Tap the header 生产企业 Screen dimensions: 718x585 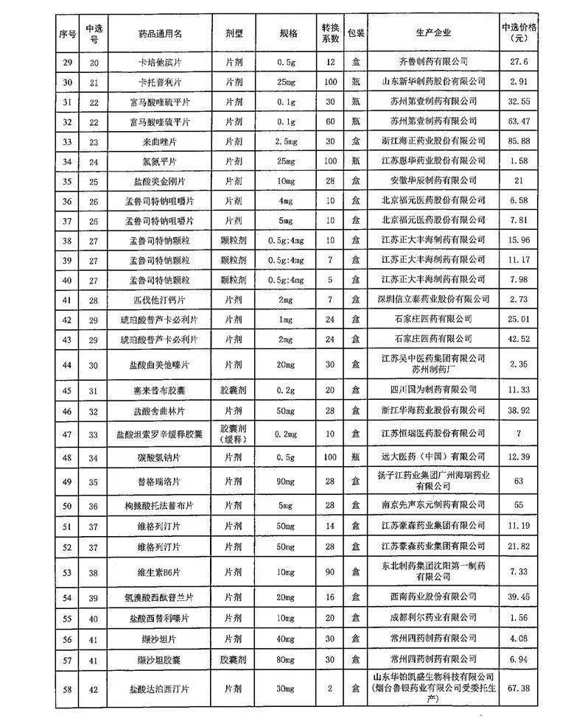[x=432, y=33]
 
